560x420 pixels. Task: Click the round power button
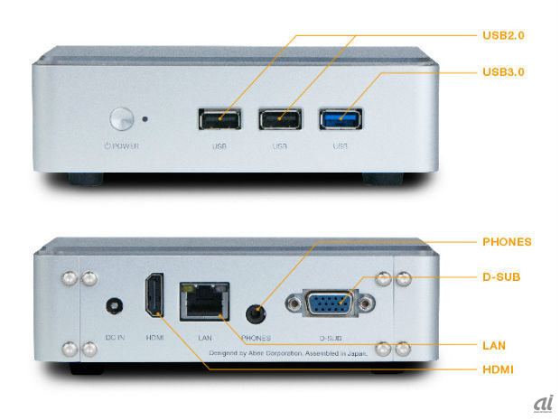tap(121, 119)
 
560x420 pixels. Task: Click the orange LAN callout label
tap(493, 345)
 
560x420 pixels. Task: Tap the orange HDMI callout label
tap(497, 369)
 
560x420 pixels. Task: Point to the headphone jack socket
tap(257, 313)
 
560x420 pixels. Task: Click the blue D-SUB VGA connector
tap(329, 303)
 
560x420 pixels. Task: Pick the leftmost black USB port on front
tap(219, 119)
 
